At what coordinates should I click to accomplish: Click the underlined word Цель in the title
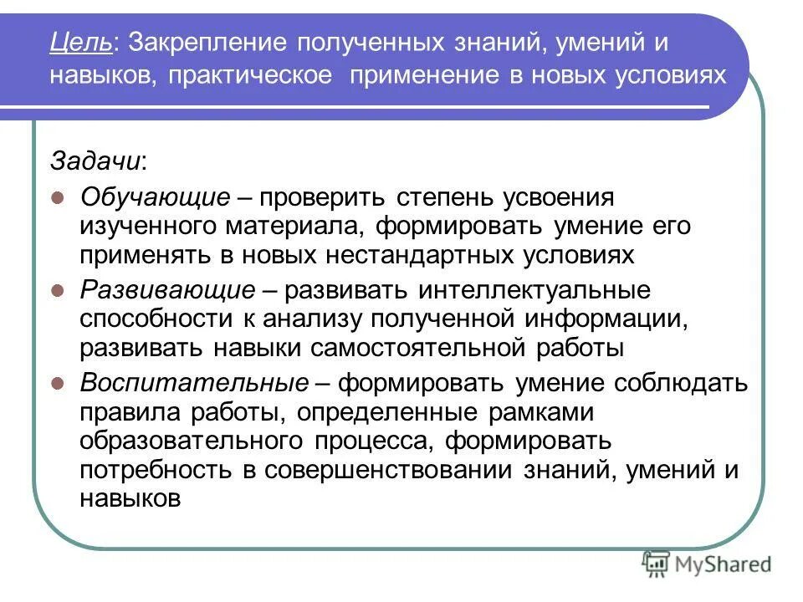pos(82,42)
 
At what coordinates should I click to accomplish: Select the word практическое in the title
pos(249,76)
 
